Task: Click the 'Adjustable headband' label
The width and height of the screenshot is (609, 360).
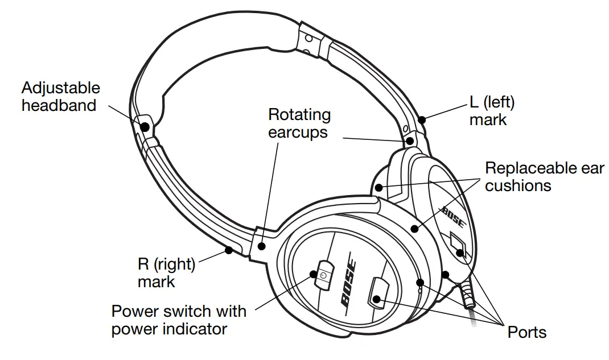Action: (60, 96)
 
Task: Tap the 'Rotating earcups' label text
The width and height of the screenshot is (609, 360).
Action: (299, 123)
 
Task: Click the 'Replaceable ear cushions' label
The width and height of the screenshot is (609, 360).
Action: (544, 176)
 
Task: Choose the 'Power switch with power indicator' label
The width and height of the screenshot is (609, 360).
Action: (179, 320)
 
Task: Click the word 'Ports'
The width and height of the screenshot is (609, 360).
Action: (526, 332)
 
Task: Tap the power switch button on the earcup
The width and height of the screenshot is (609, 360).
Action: (324, 276)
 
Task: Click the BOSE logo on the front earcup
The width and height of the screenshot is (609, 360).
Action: (348, 284)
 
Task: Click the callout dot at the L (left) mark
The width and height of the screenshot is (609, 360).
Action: (421, 119)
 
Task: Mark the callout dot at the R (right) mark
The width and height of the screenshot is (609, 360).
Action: (229, 249)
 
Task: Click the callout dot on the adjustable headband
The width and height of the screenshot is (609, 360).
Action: (145, 126)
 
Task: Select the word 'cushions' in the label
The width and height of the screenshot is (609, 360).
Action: (518, 185)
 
